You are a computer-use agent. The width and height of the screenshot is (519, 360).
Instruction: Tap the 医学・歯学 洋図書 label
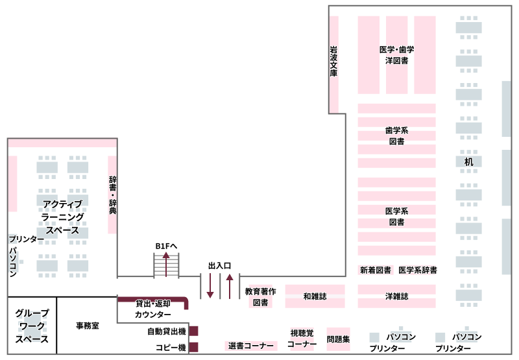(396, 55)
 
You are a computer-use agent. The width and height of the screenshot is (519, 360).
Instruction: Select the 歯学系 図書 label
(396, 136)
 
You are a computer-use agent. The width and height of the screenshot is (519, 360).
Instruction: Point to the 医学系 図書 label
(396, 216)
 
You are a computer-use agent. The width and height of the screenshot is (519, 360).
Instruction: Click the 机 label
(468, 161)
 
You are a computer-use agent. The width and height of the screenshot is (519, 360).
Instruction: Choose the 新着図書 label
(376, 270)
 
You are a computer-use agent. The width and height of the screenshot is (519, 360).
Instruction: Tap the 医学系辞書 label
(417, 270)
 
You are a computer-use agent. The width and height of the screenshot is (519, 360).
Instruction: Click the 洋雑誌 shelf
(396, 296)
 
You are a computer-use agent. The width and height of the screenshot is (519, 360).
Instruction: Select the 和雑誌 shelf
(315, 296)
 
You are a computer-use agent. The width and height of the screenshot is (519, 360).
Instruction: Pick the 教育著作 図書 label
(261, 297)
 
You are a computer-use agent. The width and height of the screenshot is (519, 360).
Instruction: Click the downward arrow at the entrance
(210, 285)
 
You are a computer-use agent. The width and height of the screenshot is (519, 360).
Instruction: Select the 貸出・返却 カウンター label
(152, 309)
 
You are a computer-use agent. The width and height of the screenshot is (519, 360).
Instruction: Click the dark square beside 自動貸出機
(193, 331)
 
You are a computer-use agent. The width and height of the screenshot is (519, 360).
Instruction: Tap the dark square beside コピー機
(193, 348)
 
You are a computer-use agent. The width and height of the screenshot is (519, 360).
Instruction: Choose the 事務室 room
(87, 326)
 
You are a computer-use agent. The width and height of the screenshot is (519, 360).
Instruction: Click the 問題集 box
(338, 339)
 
